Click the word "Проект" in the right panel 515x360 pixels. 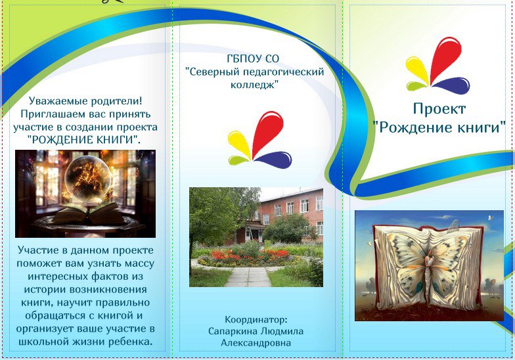439,109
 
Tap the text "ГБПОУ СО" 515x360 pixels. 253,58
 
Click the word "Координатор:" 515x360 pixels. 256,319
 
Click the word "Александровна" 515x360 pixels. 256,343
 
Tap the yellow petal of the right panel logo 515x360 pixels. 418,70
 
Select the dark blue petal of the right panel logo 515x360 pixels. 451,85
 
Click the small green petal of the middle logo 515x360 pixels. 239,160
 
